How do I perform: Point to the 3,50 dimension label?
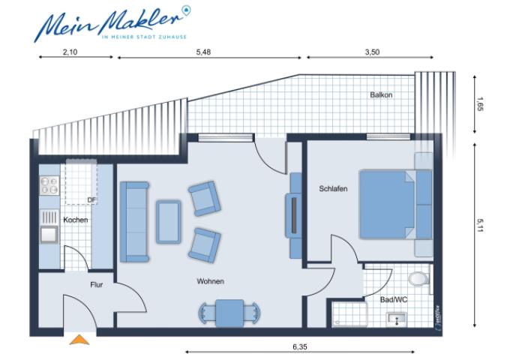(367, 52)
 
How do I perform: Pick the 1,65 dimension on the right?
(481, 106)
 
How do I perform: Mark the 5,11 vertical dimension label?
(481, 225)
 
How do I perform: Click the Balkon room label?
(381, 95)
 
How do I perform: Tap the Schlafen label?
(332, 189)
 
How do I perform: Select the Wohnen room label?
(211, 282)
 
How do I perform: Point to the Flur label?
(96, 285)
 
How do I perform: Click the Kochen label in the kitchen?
(76, 220)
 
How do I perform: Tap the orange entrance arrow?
(79, 340)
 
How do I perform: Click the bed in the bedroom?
(395, 203)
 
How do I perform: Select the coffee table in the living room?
(168, 220)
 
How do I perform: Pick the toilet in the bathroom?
(420, 278)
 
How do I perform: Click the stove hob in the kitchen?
(49, 183)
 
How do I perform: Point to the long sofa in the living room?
(134, 221)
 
